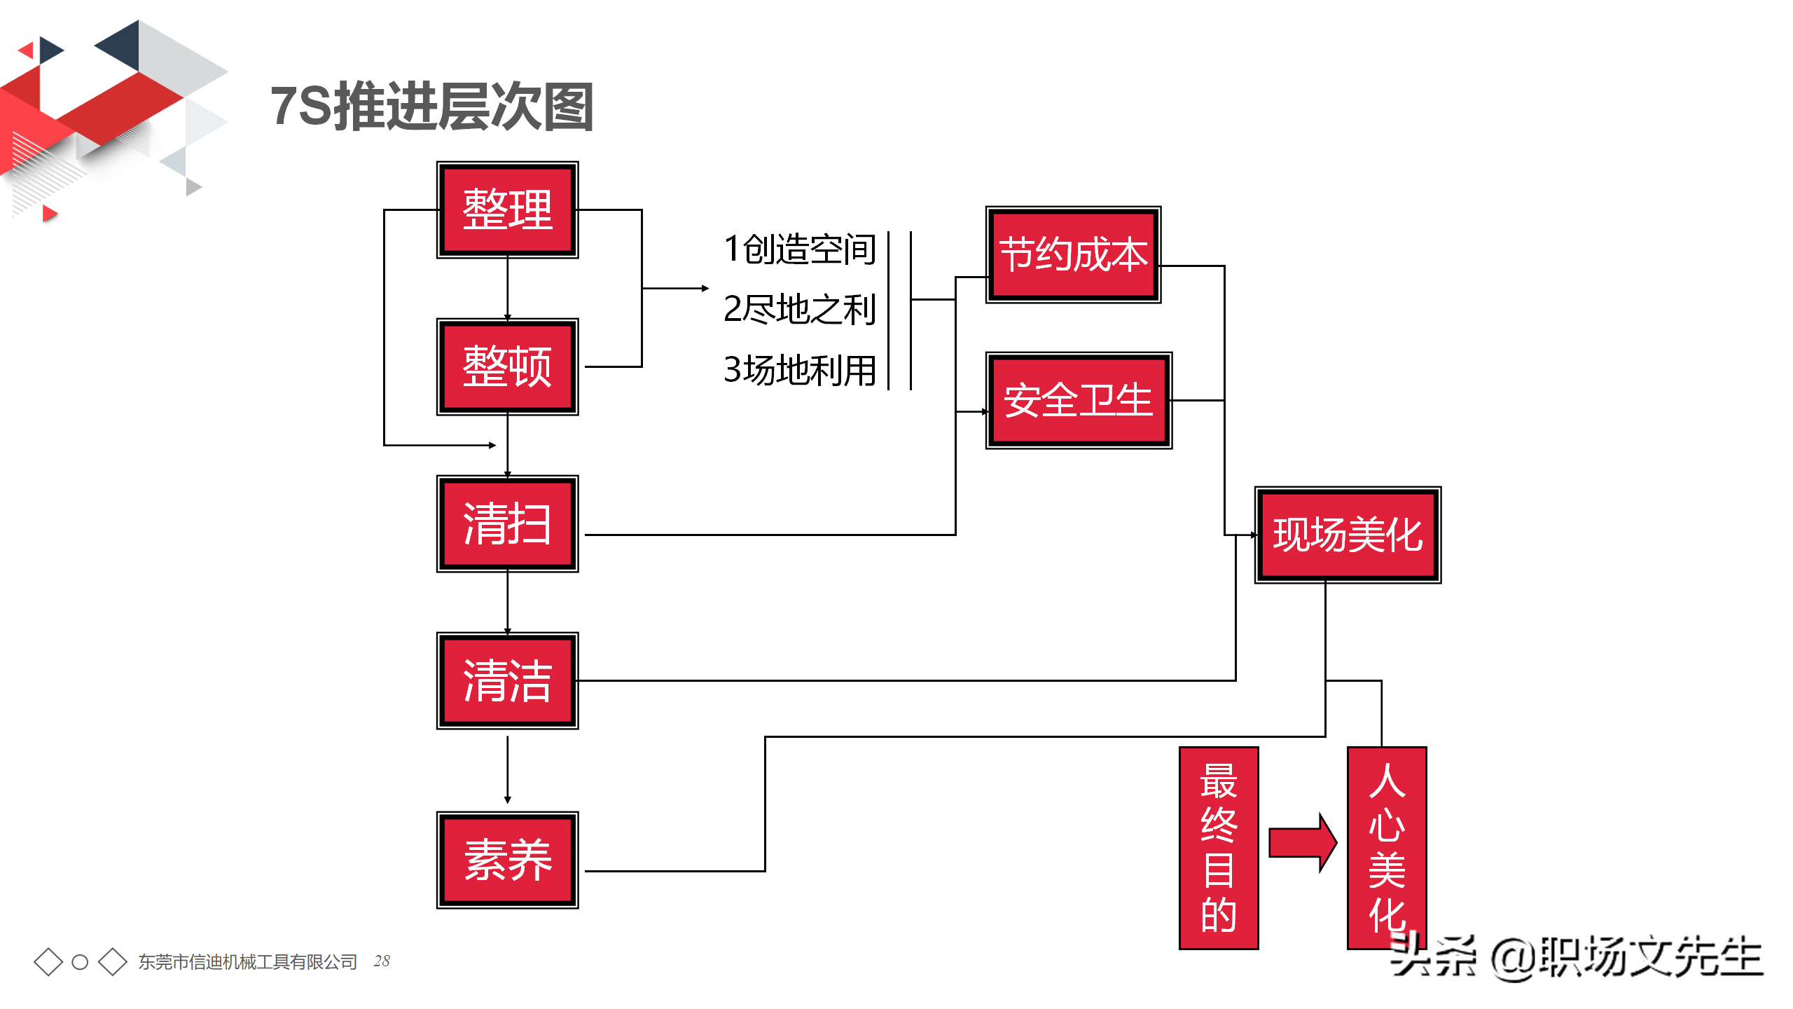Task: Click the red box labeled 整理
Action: click(x=507, y=210)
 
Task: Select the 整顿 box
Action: click(x=507, y=366)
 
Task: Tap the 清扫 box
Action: click(x=507, y=523)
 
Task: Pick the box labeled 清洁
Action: click(x=507, y=680)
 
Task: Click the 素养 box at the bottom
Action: click(x=507, y=860)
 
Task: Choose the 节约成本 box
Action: click(x=1073, y=254)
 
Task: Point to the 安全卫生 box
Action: click(x=1079, y=400)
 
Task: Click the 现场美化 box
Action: click(x=1347, y=535)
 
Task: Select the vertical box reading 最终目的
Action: click(x=1219, y=848)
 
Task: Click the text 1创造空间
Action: click(x=800, y=249)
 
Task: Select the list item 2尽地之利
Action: click(x=800, y=309)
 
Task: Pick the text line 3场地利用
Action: click(x=800, y=370)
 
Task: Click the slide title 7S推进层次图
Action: click(x=432, y=107)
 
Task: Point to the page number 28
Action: click(x=382, y=961)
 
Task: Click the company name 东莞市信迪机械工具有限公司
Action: click(x=248, y=961)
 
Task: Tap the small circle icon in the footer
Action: click(x=80, y=962)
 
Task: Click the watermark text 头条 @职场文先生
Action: click(x=1576, y=957)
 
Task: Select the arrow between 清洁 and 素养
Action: click(x=508, y=769)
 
